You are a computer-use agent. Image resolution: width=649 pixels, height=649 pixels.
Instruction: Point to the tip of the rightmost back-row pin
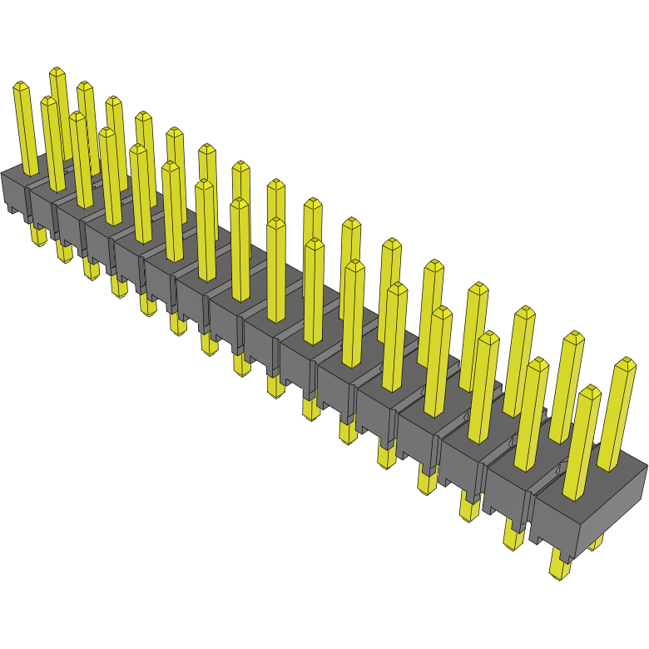point(624,363)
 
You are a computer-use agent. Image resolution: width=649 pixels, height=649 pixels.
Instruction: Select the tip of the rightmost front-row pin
point(590,391)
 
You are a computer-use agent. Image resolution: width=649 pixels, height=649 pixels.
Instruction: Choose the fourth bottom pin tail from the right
point(427,480)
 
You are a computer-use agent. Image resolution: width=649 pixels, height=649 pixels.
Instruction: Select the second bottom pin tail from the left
point(64,251)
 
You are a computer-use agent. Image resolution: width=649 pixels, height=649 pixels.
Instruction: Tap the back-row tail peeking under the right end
point(596,545)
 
